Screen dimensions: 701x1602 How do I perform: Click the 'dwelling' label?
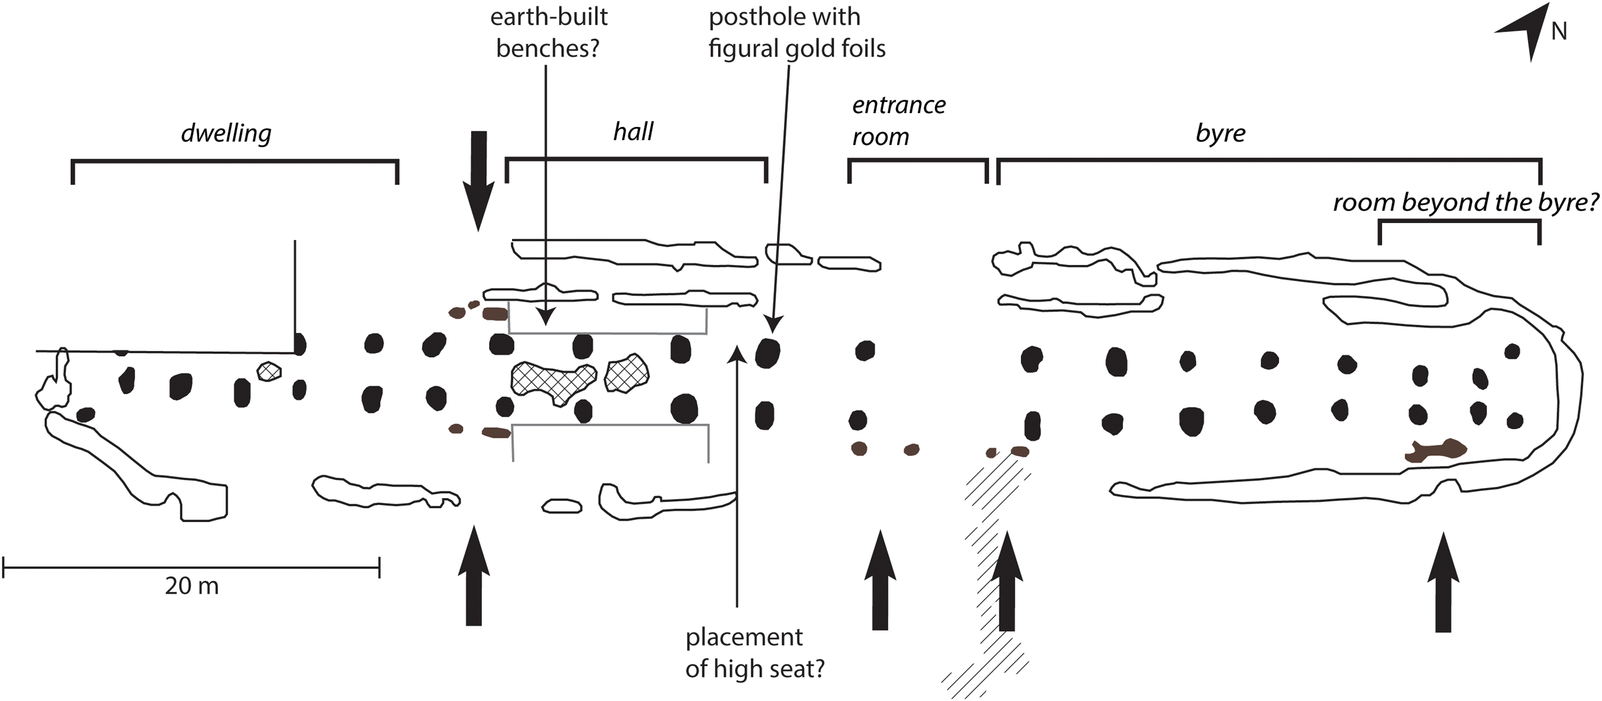click(x=226, y=134)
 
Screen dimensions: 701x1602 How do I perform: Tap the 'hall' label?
click(x=633, y=132)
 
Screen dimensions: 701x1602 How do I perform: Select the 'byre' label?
click(x=1220, y=133)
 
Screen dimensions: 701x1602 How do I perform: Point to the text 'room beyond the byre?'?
click(x=1465, y=202)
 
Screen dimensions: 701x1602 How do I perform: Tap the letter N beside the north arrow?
click(x=1559, y=31)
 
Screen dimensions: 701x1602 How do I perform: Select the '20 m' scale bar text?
click(x=192, y=586)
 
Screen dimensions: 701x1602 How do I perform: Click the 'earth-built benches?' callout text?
click(x=548, y=33)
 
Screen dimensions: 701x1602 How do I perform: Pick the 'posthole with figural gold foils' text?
click(x=796, y=33)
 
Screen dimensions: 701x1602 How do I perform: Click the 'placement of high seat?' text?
click(x=754, y=653)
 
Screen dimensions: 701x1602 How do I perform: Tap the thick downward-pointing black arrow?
click(x=479, y=179)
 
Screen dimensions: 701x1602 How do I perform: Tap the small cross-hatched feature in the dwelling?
click(x=269, y=371)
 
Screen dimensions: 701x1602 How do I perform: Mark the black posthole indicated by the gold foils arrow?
click(x=767, y=353)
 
